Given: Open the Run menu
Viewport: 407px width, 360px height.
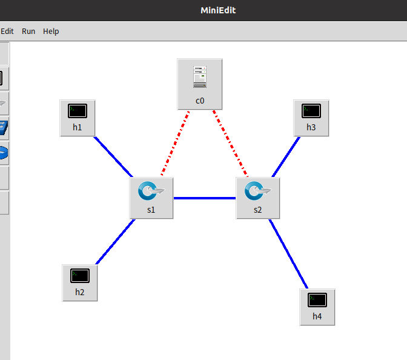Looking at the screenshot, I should pos(28,31).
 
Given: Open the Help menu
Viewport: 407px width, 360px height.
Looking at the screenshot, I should pos(51,31).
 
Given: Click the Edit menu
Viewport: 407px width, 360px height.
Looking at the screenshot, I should pos(7,31).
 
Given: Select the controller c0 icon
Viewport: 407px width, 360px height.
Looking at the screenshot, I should pos(200,78).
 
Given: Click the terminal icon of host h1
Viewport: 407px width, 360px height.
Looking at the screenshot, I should pos(78,111).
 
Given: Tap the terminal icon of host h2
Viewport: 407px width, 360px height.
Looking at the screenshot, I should pos(80,275).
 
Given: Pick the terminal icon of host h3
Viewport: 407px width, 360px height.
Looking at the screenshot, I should pos(311,111).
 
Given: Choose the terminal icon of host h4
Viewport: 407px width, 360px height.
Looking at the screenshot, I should pos(317,299).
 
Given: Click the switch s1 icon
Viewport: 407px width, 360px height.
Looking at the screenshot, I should pos(151,191).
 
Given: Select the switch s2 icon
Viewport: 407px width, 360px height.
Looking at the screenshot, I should pos(257,191).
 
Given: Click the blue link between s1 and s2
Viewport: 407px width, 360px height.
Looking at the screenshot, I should pos(205,198).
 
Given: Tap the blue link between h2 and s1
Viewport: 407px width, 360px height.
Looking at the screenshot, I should pos(115,242).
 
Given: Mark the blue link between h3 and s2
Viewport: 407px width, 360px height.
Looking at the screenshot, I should pos(286,156).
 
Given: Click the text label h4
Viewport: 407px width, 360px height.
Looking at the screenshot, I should pos(317,316).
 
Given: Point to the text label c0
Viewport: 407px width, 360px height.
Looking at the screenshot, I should pos(200,101).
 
